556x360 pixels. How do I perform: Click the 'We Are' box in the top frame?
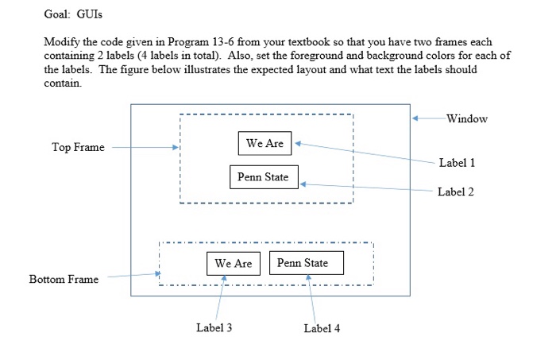pos(265,144)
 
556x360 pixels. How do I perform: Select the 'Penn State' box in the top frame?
pos(264,177)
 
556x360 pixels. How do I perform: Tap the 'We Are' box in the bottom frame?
pos(234,264)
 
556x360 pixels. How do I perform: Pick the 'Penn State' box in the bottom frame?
pos(307,264)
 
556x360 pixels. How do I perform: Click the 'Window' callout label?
pos(467,119)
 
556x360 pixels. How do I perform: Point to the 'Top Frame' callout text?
pos(78,147)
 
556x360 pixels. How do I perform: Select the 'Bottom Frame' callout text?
pos(64,279)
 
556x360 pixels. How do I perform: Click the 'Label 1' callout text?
pos(457,163)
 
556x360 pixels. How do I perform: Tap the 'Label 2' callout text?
pos(455,192)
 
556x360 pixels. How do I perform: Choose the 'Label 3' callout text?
pos(214,327)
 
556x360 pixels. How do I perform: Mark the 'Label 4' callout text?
pos(322,329)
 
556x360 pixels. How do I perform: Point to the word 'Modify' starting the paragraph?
pos(60,41)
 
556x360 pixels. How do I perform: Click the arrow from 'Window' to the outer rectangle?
pos(429,119)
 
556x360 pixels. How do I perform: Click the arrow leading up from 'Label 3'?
pos(221,298)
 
